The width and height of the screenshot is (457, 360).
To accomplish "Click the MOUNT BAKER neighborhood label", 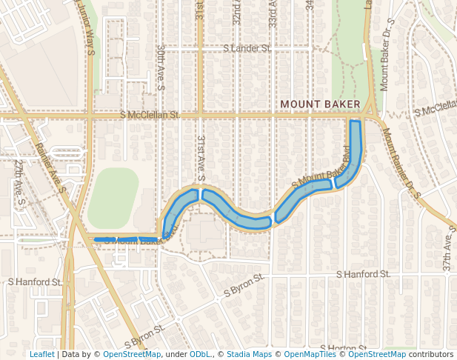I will click(320, 104).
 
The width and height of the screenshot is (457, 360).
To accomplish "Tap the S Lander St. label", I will click(247, 48).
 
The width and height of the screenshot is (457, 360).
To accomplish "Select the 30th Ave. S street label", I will click(161, 65).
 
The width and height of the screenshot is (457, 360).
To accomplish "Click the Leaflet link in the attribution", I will click(41, 354).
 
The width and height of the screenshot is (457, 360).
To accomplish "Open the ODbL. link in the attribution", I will click(200, 354).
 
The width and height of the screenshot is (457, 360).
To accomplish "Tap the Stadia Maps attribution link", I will click(249, 354).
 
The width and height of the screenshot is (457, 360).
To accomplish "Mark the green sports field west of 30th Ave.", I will click(113, 198).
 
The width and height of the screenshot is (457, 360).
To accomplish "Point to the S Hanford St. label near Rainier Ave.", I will click(34, 282).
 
